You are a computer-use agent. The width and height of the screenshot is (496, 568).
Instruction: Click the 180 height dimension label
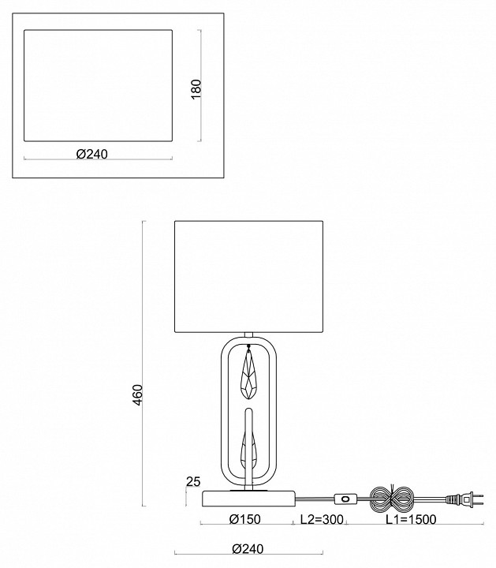[x=196, y=88]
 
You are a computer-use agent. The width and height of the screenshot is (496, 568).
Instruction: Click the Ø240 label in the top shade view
[x=91, y=155]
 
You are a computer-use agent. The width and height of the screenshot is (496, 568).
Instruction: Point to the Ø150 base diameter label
[x=245, y=519]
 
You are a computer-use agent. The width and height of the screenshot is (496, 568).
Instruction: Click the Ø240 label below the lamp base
[x=248, y=549]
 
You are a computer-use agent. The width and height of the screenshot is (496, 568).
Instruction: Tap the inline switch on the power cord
[x=345, y=499]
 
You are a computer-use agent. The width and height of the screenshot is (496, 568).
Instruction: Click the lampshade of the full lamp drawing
[x=249, y=275]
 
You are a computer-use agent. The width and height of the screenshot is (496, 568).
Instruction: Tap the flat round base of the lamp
[x=249, y=498]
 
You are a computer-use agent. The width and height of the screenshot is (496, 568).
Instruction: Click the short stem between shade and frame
[x=249, y=334]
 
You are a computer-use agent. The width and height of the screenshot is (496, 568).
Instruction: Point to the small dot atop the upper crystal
[x=249, y=346]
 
